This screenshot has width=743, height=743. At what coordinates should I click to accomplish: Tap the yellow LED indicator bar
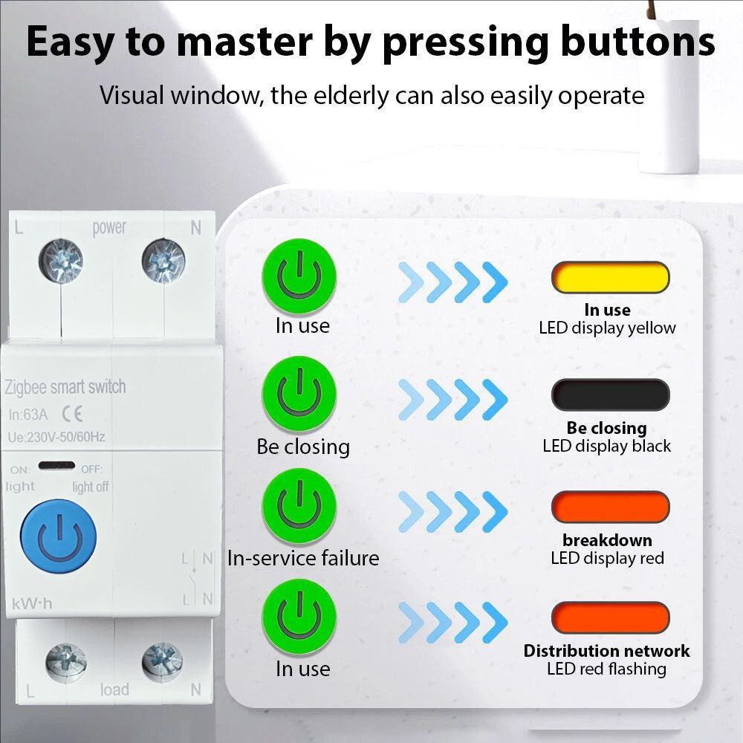pos(610,277)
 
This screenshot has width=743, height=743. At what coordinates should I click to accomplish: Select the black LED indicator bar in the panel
pos(610,395)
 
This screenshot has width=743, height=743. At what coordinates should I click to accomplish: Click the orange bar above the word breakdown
pos(610,507)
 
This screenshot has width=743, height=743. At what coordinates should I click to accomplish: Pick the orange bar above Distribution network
pos(610,618)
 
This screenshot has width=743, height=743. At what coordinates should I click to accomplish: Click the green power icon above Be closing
pos(299,394)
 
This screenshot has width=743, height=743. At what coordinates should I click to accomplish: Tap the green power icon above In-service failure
pos(299,505)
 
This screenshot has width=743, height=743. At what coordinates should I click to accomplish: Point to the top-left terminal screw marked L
pos(61,261)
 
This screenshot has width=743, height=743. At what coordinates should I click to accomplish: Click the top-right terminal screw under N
pos(163,262)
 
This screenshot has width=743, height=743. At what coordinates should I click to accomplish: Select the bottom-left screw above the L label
pos(66,663)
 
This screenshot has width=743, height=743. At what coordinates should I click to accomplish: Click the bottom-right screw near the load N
pos(162,663)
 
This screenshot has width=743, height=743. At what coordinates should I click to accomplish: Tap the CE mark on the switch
pos(73,414)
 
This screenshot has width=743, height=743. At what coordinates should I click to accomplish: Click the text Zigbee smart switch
pos(65,387)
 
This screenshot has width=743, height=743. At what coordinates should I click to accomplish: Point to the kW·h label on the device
pos(32,603)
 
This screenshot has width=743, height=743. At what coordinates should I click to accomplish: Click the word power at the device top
pos(109,228)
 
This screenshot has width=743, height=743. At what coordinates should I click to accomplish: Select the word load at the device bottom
pos(114,690)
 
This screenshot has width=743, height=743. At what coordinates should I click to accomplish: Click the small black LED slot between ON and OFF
pos(57,465)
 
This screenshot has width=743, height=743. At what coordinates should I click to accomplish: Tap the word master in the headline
pos(244,42)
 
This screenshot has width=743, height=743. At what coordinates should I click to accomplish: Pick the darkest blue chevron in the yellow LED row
pos(495,282)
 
